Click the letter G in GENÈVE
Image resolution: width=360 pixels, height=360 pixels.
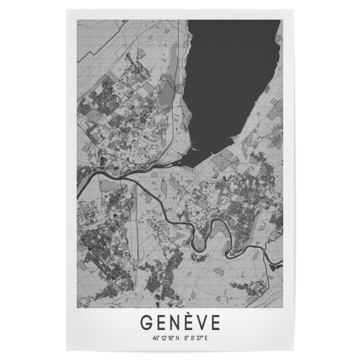[146, 322]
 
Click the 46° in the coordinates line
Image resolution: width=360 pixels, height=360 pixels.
[156, 338]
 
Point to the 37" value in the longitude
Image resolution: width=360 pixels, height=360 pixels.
[200, 338]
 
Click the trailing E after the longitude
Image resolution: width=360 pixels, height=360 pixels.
[206, 338]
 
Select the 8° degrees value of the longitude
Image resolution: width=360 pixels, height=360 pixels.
[187, 338]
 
